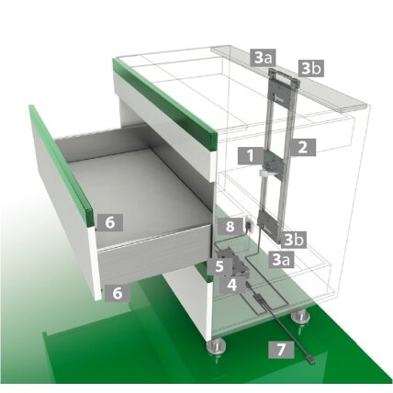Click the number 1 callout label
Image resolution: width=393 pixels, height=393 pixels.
(251, 156)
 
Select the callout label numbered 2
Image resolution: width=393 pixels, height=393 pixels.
(303, 147)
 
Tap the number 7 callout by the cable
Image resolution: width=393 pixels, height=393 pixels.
(281, 350)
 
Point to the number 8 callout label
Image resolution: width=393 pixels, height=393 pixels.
(230, 227)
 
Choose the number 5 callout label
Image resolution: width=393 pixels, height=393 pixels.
(219, 266)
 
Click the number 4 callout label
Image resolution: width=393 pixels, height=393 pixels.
(232, 285)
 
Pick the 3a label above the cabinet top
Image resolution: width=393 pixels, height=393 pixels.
(263, 57)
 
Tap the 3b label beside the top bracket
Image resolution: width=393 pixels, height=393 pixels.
(311, 68)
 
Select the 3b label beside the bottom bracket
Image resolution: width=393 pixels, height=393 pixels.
(294, 240)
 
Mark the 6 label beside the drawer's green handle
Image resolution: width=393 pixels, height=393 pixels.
(110, 222)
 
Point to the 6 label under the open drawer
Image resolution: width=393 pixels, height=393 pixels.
(118, 293)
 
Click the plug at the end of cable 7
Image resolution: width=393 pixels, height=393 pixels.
(311, 361)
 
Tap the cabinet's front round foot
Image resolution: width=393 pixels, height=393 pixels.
(217, 347)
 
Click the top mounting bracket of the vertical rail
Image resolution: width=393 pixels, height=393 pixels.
(283, 86)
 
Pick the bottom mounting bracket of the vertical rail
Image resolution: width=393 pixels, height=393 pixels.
(269, 225)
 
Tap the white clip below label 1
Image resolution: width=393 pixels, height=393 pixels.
(268, 174)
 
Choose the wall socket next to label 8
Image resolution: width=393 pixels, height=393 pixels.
(249, 225)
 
